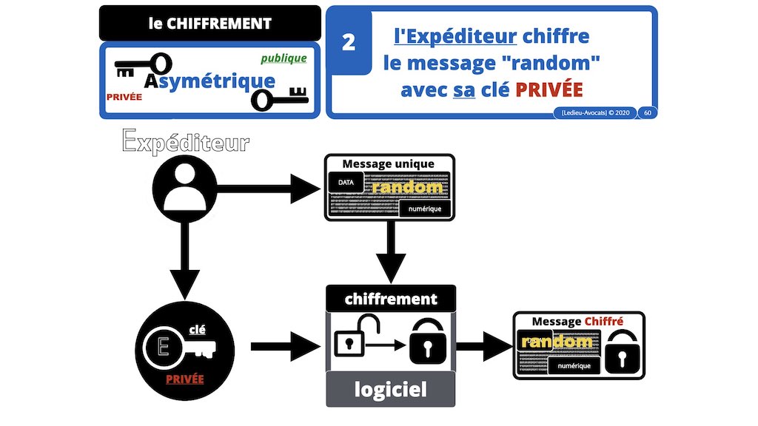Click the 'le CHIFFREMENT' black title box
(209, 24)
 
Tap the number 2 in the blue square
(349, 43)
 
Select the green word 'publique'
(284, 58)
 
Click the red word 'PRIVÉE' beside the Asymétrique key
(124, 97)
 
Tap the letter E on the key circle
(164, 347)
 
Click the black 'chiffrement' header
(391, 300)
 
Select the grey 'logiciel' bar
(391, 389)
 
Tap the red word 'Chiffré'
(604, 322)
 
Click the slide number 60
(648, 113)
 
